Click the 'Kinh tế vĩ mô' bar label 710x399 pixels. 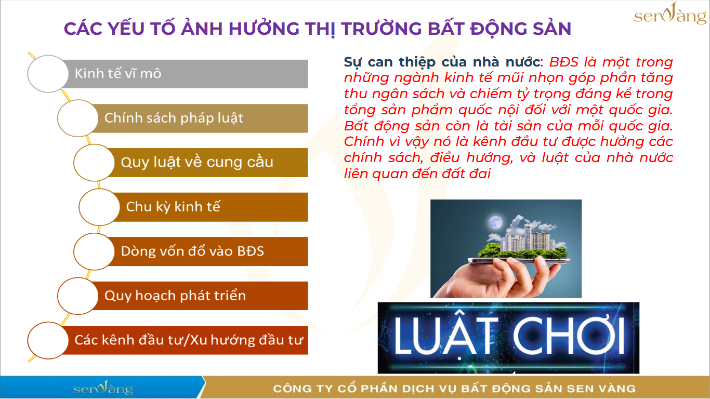pos(118,74)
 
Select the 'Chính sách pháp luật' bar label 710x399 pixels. pos(174,118)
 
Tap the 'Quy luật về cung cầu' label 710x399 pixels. pos(197,162)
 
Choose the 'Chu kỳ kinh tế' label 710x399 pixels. pos(173,207)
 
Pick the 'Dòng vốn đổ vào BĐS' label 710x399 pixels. pos(192,251)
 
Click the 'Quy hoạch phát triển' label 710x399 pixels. pos(175,296)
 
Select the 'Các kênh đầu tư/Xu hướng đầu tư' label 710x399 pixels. pos(189,340)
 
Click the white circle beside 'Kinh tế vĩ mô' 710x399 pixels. pos(48,74)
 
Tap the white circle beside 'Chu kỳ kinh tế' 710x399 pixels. pos(99,207)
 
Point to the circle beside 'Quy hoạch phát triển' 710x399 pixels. pos(77,296)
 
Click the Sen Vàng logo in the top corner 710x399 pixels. pos(670,14)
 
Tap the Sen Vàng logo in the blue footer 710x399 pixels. pos(103,388)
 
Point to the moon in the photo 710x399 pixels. pos(495,222)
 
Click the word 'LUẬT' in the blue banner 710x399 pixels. pos(445,336)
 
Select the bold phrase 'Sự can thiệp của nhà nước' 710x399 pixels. pos(442,62)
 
